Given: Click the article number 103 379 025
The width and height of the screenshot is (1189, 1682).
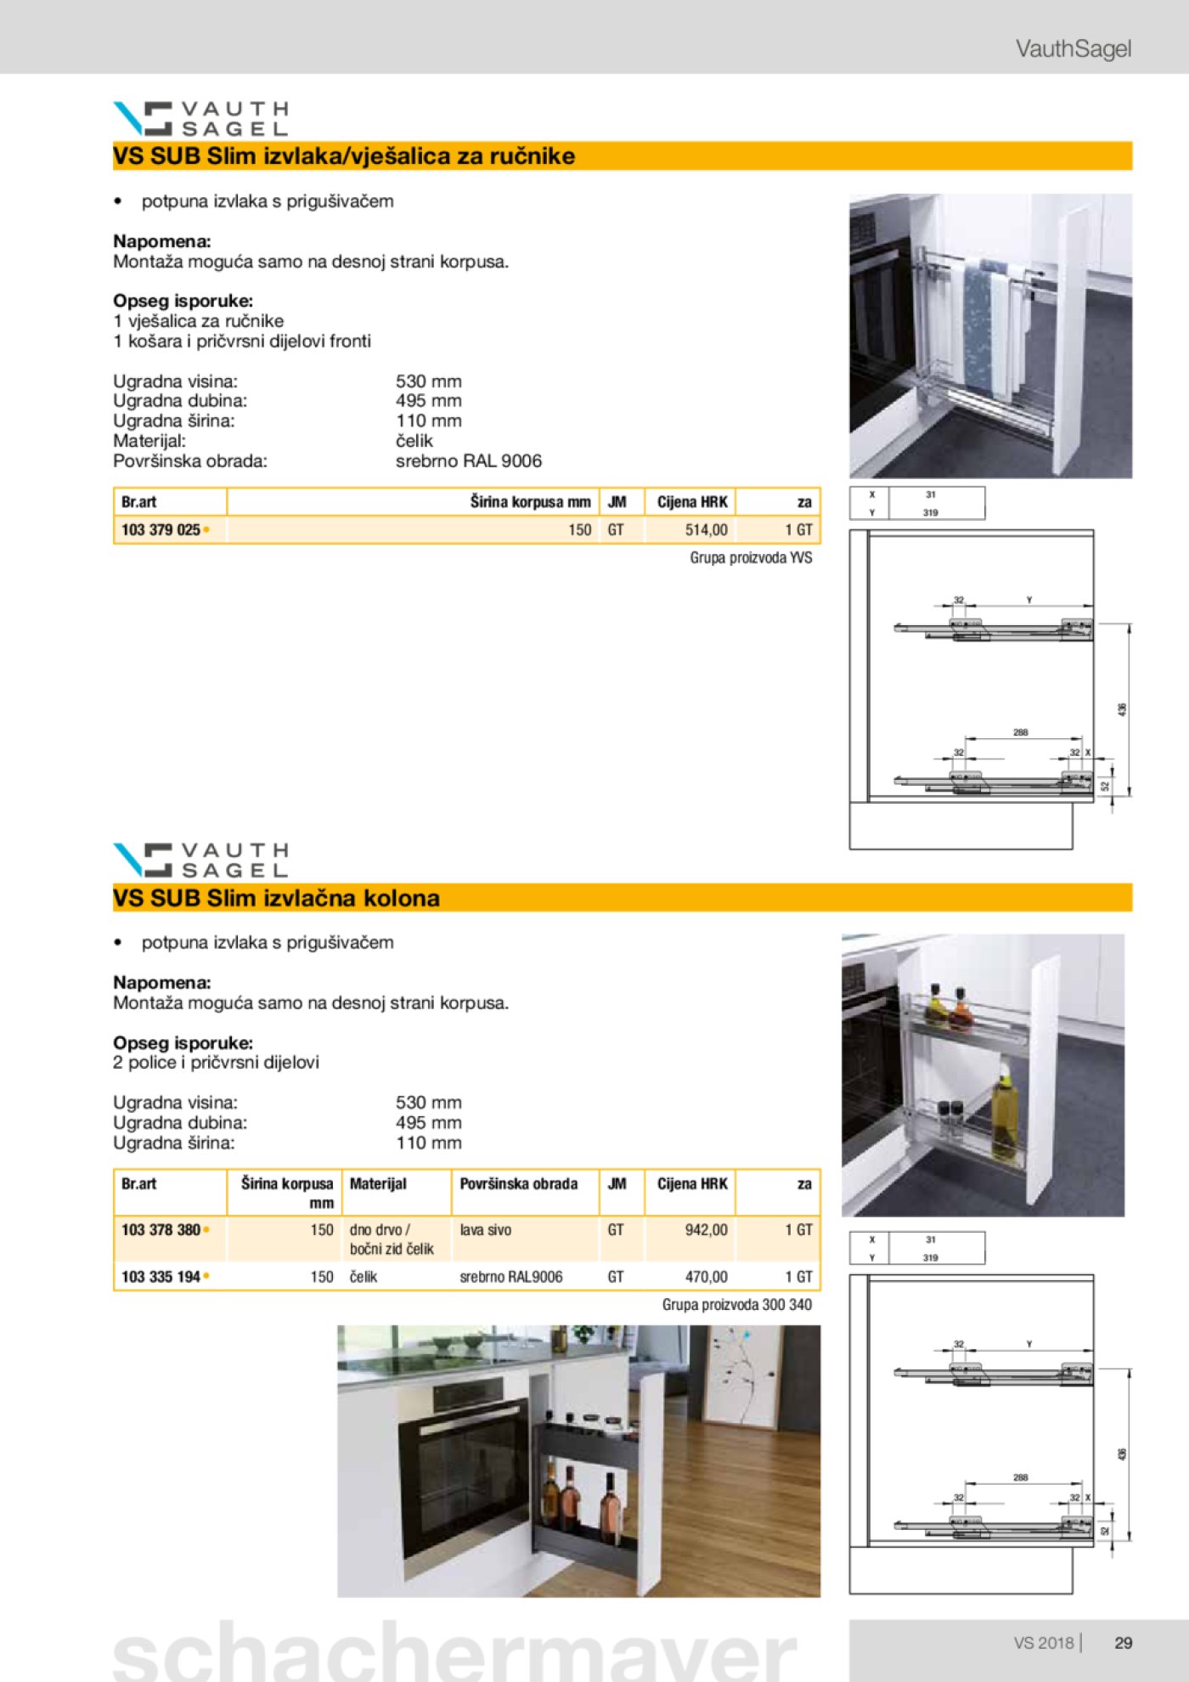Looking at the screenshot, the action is point(161,529).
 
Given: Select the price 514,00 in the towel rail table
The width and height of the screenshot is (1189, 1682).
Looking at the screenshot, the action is point(706,529).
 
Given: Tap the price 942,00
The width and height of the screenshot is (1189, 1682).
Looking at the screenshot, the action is point(706,1229).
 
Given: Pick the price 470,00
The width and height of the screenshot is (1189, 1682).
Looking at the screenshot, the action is point(706,1276).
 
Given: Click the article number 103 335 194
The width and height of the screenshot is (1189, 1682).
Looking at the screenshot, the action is point(161,1276).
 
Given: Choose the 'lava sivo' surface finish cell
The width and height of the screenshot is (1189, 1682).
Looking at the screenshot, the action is point(486,1229).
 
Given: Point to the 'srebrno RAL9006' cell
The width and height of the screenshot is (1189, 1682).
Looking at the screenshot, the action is point(510,1276).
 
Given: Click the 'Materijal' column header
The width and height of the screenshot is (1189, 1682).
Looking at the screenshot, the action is point(378,1183).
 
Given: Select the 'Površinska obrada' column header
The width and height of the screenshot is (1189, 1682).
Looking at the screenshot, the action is point(518,1183).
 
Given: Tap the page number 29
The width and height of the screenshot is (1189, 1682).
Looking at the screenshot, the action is point(1123,1643).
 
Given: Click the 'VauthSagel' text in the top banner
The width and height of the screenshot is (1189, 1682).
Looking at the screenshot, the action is point(1073,48).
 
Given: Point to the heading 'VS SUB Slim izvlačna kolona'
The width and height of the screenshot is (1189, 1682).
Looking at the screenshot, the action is point(276,898).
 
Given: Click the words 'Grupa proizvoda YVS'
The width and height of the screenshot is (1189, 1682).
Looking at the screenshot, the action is point(751,557).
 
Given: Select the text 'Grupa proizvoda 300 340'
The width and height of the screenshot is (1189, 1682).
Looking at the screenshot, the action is point(736,1304).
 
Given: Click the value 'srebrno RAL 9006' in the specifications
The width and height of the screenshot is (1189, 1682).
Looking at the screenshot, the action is point(468,460).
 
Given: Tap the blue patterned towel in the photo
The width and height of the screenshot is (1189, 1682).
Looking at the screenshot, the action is point(978,331).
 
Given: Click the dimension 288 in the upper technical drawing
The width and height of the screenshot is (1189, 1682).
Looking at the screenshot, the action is point(1020,731).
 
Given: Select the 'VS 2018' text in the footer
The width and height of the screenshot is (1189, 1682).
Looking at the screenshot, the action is point(1043,1643).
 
